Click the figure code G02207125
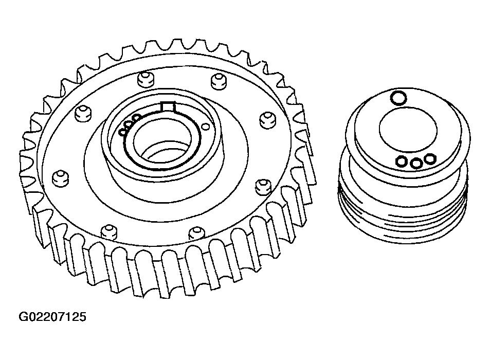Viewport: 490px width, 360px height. click(x=52, y=317)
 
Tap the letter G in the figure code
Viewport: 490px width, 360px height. click(x=24, y=317)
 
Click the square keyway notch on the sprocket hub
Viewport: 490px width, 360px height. click(x=168, y=106)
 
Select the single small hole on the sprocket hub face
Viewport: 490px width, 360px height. click(x=205, y=126)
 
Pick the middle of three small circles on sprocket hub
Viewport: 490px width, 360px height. click(x=129, y=124)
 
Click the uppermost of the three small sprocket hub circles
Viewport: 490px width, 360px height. click(x=136, y=118)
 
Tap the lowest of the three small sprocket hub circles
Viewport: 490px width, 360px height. click(x=123, y=132)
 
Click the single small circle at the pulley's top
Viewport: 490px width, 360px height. click(x=398, y=98)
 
